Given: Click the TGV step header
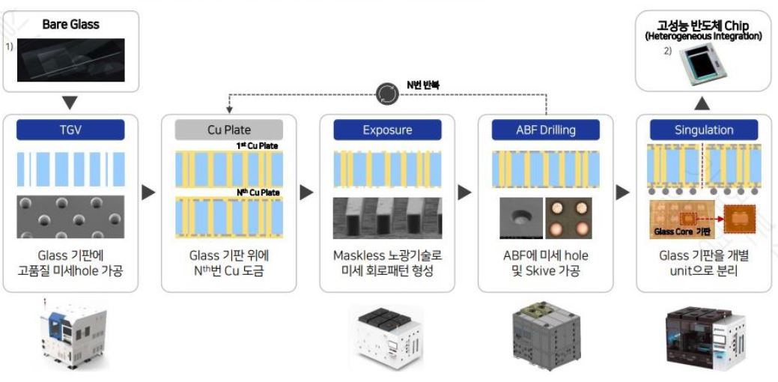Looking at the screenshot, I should pyautogui.click(x=70, y=130).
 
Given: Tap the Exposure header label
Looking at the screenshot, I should pyautogui.click(x=387, y=130).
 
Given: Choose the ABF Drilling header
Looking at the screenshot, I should pyautogui.click(x=545, y=130).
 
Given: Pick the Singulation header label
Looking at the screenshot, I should pyautogui.click(x=704, y=130).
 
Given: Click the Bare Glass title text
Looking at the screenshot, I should pyautogui.click(x=70, y=24).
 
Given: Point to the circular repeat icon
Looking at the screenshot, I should pyautogui.click(x=387, y=92).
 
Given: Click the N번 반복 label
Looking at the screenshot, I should pyautogui.click(x=423, y=85).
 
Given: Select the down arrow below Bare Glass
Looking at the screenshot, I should pyautogui.click(x=70, y=100).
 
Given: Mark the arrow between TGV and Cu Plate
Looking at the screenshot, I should pyautogui.click(x=148, y=192).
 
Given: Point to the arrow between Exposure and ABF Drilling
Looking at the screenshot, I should pyautogui.click(x=465, y=192).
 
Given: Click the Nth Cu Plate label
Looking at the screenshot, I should pyautogui.click(x=258, y=193).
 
